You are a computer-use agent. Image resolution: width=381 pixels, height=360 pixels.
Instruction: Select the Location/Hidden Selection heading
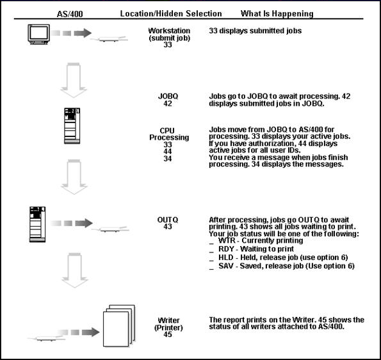(x=170, y=13)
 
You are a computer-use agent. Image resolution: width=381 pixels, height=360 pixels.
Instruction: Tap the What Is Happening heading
(x=277, y=13)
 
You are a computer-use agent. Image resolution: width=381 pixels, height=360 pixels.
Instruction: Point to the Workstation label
(x=169, y=30)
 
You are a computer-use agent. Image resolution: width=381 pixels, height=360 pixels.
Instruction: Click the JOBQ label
(x=168, y=95)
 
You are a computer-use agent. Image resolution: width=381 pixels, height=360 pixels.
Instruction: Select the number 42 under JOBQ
(x=168, y=103)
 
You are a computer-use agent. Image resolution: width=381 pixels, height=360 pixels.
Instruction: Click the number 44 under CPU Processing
(x=168, y=152)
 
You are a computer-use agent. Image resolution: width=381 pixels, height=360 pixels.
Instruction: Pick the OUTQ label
(x=168, y=219)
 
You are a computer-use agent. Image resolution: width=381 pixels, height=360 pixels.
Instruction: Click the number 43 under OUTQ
(x=168, y=227)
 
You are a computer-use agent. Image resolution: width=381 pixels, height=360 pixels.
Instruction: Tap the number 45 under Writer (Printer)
(x=168, y=334)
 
